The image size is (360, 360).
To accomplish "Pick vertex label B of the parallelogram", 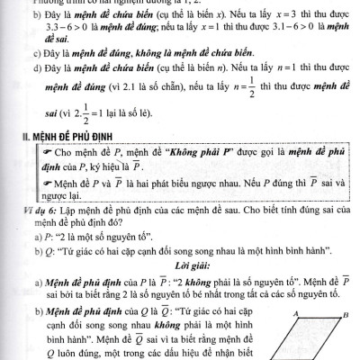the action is pyautogui.click(x=345, y=313).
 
